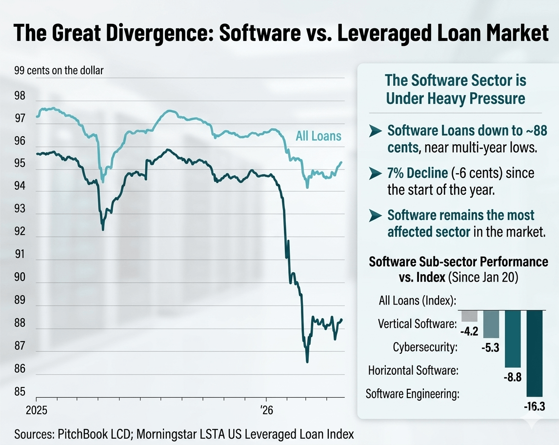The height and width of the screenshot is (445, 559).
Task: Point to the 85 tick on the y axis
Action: point(20,391)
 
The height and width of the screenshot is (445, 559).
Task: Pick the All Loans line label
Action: point(319,136)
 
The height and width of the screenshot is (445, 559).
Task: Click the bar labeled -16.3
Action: point(535,353)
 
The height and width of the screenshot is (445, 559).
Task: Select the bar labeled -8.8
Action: point(513,339)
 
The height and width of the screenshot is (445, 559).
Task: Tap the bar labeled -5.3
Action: point(491,324)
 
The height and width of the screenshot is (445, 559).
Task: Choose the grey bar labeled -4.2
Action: point(469,316)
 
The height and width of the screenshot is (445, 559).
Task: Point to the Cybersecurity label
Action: point(425,347)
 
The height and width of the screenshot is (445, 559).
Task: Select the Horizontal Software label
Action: point(413,370)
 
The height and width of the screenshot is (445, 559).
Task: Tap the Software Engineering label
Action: point(412,394)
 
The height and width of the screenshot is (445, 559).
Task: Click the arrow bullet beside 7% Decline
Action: point(375,173)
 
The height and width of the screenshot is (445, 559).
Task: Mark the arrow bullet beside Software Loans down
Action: point(375,131)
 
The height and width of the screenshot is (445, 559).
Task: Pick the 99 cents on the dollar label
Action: point(59,71)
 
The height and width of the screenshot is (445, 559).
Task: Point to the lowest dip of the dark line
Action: point(307,362)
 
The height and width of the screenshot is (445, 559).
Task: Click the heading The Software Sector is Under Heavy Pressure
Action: point(456,89)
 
